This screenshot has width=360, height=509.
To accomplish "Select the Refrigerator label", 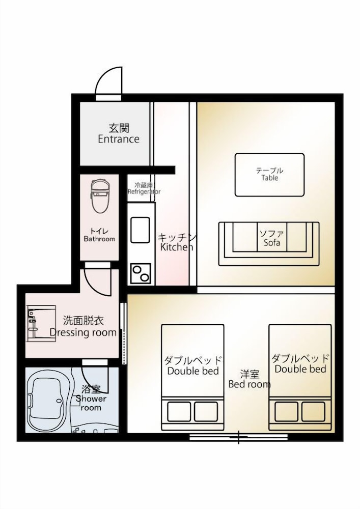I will (x=144, y=189).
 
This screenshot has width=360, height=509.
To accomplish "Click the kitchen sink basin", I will (x=140, y=230).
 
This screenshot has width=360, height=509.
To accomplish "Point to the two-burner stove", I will (x=141, y=274).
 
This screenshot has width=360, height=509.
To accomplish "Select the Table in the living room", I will (x=269, y=175).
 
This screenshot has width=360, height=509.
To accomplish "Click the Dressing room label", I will (x=83, y=327).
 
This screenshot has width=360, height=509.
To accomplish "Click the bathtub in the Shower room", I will (x=47, y=400).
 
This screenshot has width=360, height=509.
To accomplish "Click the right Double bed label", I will (x=300, y=363).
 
